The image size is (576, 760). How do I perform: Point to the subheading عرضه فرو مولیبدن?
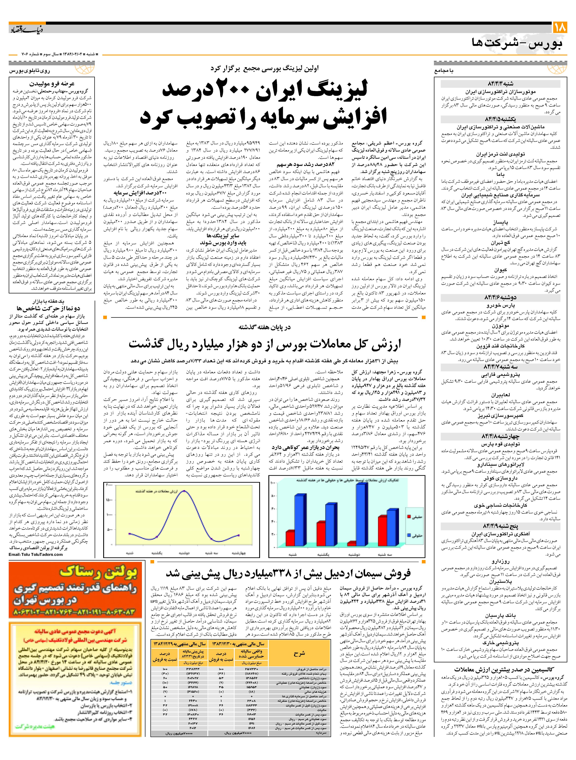coord(52,84)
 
